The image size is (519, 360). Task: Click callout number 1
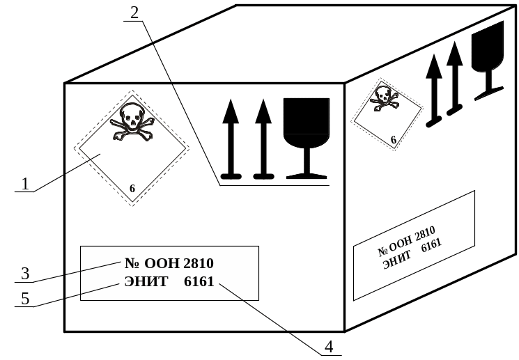click(25, 184)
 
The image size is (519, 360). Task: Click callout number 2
click(134, 13)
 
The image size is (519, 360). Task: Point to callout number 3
click(25, 274)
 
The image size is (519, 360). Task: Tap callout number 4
click(328, 345)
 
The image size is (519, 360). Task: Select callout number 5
click(25, 299)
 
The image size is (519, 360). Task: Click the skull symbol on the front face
click(132, 122)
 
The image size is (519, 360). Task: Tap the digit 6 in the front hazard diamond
click(132, 189)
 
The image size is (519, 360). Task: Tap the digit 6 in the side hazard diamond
click(394, 140)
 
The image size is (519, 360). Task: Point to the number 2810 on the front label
click(199, 263)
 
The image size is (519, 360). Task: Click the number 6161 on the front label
click(199, 282)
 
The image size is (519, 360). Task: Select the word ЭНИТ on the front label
click(146, 282)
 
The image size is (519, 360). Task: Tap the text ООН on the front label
click(162, 263)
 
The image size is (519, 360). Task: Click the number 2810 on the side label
click(425, 234)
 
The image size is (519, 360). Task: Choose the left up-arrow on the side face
click(434, 91)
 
